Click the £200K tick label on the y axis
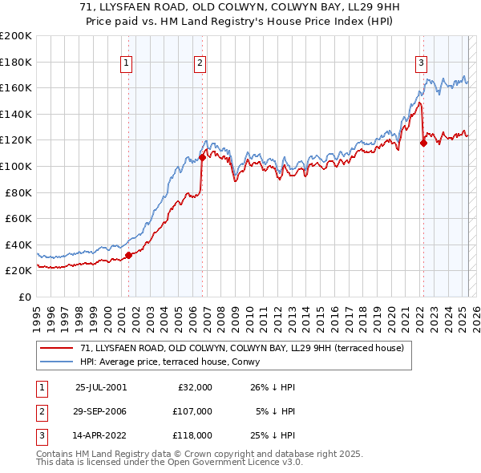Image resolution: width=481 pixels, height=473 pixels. (x=16, y=36)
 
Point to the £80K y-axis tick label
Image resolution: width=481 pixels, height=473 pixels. (x=18, y=192)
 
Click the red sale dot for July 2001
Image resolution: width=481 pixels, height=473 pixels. (x=129, y=255)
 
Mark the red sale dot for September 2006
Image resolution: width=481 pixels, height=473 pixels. (x=203, y=157)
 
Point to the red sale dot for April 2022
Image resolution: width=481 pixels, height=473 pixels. (x=423, y=144)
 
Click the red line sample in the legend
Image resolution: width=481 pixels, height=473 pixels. (x=57, y=348)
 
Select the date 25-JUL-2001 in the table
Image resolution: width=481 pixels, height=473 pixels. (x=101, y=387)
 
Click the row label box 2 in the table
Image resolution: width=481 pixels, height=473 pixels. (x=41, y=411)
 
